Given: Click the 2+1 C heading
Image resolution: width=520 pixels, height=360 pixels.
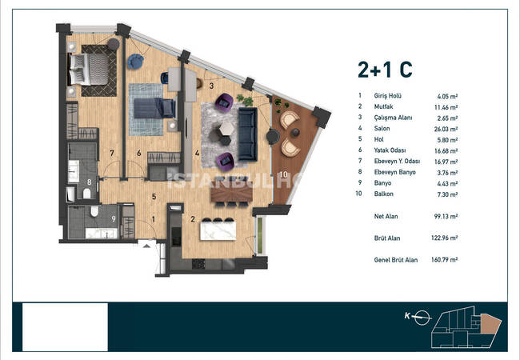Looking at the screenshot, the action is click(385, 70).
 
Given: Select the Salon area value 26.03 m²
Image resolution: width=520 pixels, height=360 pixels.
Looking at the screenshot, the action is click(446, 129).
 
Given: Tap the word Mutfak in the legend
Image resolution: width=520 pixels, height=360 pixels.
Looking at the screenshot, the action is click(384, 106).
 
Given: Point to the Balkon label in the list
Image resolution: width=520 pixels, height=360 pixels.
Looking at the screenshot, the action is click(384, 194).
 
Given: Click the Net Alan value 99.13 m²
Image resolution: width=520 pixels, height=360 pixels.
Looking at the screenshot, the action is click(446, 217).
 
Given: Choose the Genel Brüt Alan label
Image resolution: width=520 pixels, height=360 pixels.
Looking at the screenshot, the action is click(396, 260).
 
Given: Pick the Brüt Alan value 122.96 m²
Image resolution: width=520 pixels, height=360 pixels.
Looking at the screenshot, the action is click(444, 238).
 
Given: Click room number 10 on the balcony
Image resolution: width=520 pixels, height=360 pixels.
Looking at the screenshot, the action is click(283, 174).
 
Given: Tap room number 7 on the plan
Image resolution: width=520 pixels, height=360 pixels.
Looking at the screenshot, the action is click(112, 153).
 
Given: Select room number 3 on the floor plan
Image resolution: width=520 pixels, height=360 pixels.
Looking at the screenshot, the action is click(211, 86).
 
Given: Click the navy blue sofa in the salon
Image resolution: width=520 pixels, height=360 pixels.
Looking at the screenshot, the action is click(248, 134).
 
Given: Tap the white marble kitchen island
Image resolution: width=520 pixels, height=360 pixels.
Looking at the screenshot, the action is click(218, 230).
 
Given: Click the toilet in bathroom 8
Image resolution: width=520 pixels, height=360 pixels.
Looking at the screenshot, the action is click(86, 194).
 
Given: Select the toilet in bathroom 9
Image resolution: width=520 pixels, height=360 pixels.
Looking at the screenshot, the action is click(95, 211).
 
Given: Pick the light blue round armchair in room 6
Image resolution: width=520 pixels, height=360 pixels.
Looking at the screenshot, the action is click(136, 62).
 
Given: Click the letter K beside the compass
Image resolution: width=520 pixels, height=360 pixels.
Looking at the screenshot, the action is click(407, 316).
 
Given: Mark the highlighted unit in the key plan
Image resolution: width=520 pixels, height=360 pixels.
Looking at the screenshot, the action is click(491, 326).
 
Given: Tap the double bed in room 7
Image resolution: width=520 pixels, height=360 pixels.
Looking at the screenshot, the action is click(89, 70).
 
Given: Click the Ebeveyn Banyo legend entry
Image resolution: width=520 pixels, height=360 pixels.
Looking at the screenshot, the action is click(394, 172).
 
